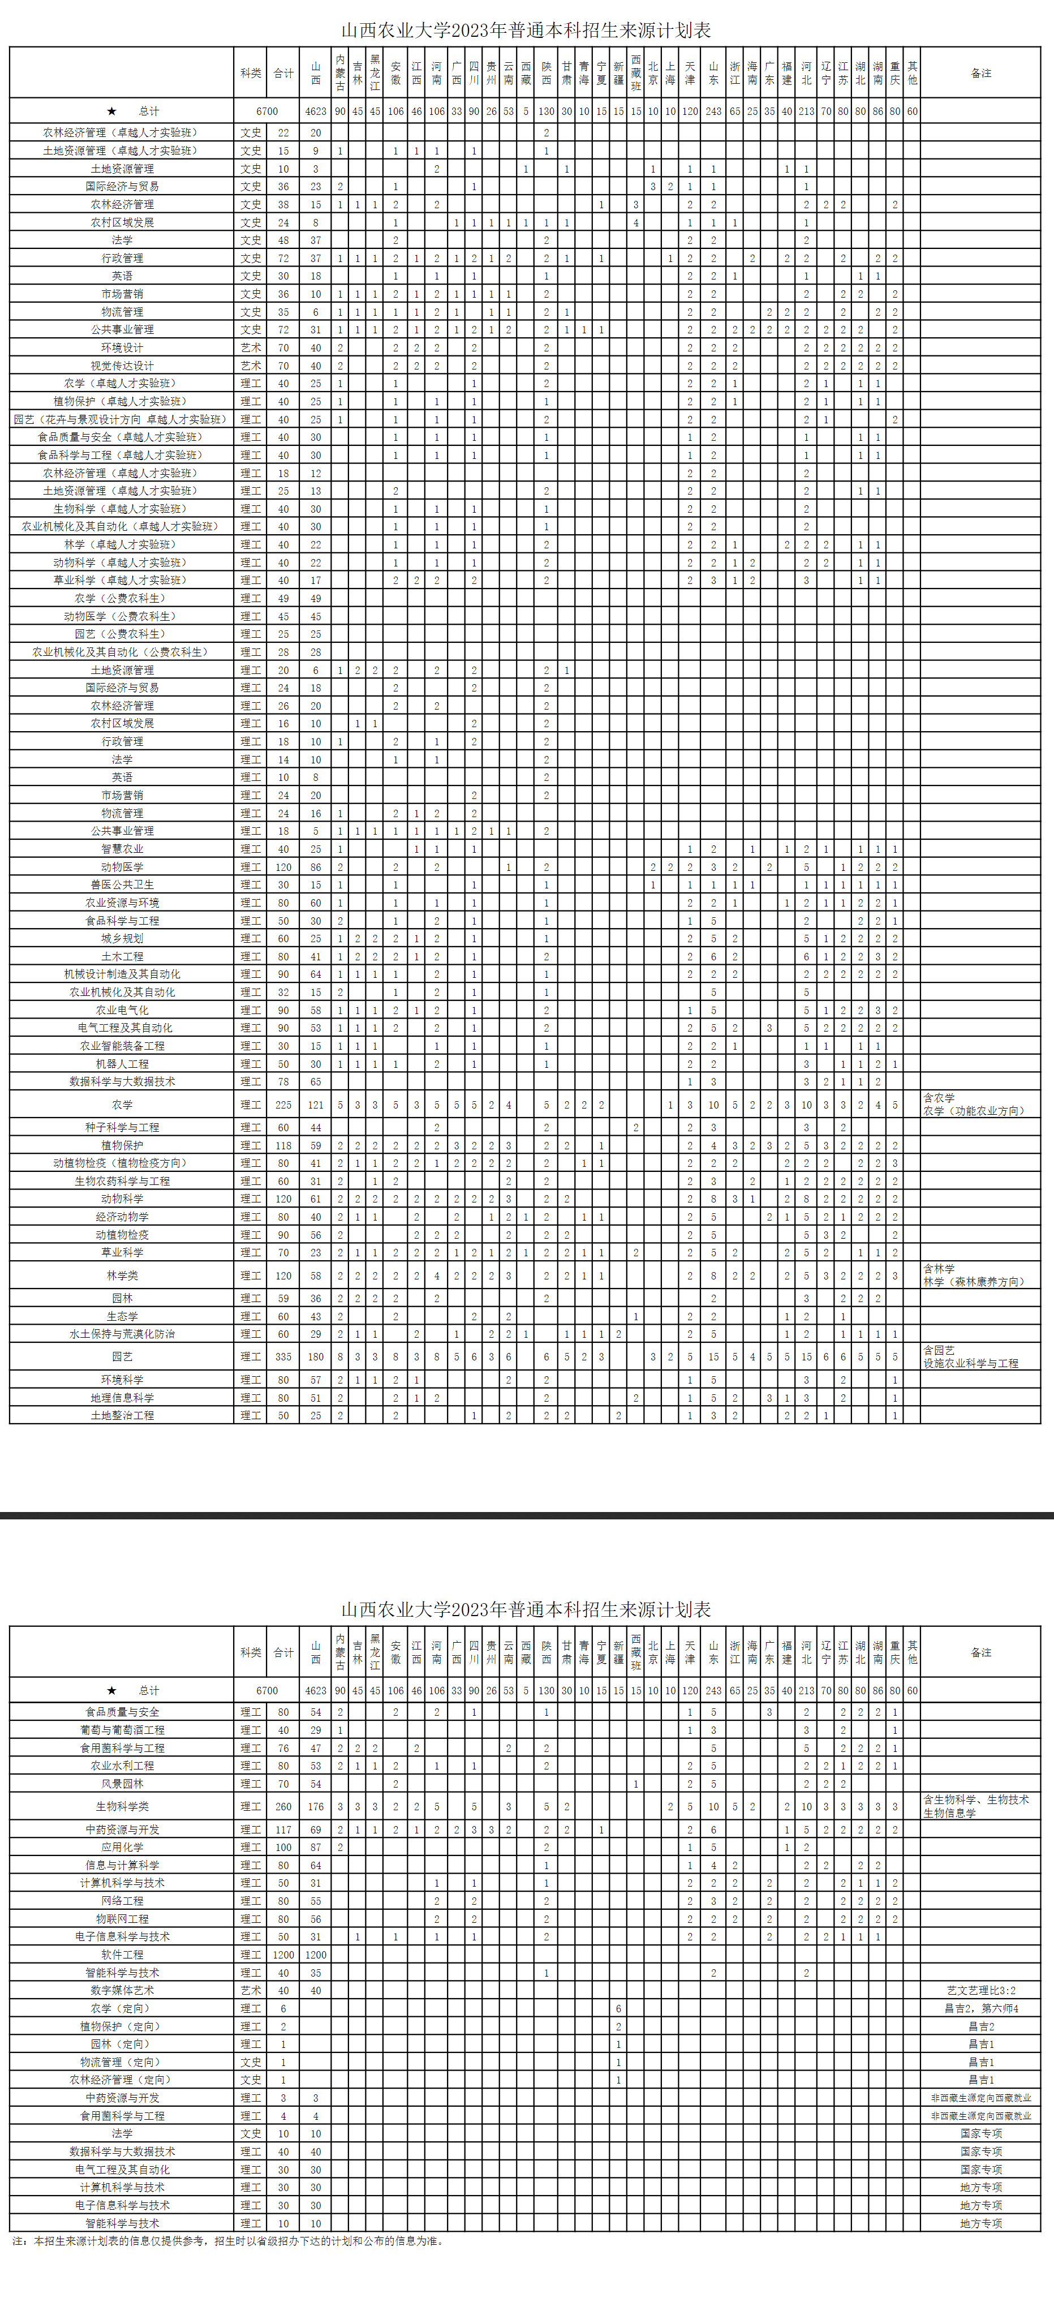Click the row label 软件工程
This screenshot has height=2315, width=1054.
click(122, 1955)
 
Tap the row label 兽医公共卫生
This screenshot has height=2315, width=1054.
click(122, 885)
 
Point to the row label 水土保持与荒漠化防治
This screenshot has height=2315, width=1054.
click(122, 1334)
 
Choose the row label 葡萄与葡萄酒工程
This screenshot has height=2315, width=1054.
click(122, 1730)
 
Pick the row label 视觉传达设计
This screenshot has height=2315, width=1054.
click(122, 366)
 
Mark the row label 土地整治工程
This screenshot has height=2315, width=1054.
click(122, 1415)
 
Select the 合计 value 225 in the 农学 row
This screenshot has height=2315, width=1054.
click(283, 1105)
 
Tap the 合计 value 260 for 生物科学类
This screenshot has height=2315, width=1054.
click(283, 1806)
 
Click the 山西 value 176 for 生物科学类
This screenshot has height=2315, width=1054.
click(315, 1806)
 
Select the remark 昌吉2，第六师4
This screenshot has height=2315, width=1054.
click(981, 2008)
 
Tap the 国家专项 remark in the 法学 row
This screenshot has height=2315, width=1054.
click(981, 2133)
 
